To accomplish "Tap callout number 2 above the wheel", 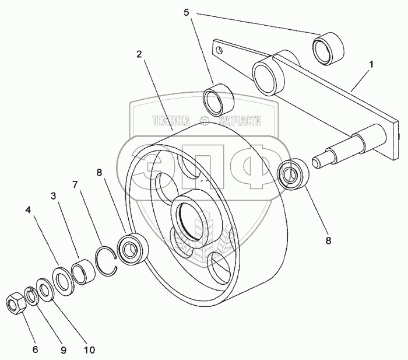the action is click(139, 54).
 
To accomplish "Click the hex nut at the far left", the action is click(15, 302).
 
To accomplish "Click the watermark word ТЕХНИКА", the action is click(171, 121).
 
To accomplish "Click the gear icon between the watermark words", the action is click(204, 121).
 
